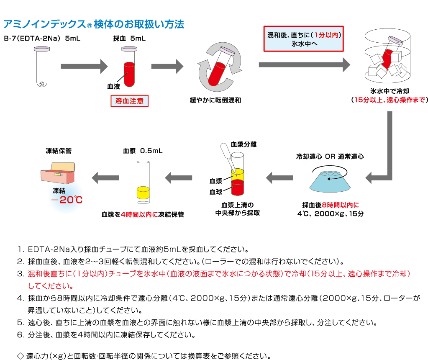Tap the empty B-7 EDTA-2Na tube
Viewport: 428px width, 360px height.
click(x=41, y=67)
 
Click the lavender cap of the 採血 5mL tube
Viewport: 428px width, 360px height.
click(x=129, y=49)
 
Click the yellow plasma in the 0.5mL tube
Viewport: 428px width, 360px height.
click(x=143, y=192)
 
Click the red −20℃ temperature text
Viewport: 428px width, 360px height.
click(x=66, y=200)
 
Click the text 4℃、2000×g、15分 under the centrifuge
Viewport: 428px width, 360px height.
click(x=330, y=213)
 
